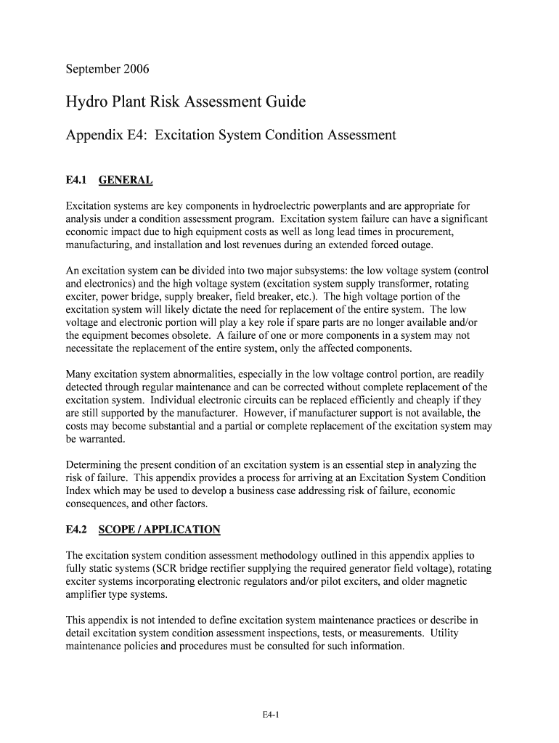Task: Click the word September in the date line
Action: (x=93, y=70)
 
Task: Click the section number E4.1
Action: (x=76, y=180)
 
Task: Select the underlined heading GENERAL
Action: (x=125, y=180)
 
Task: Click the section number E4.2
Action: (x=76, y=530)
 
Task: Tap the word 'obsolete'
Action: (x=193, y=336)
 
